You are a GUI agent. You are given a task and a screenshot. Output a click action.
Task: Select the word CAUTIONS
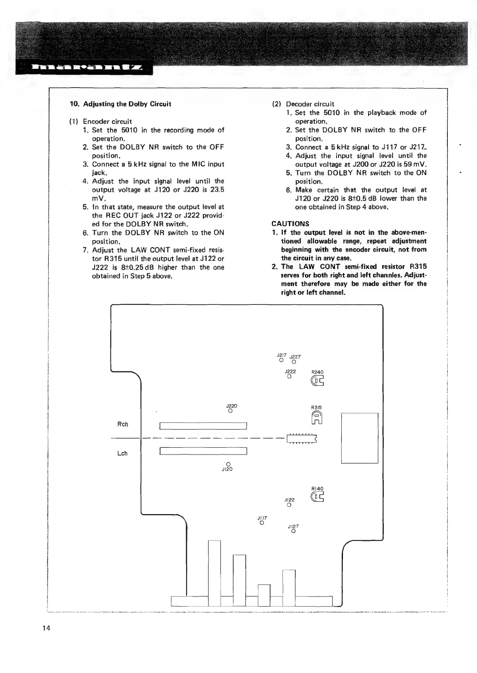[290, 224]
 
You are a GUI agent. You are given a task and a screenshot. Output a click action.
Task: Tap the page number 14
[46, 628]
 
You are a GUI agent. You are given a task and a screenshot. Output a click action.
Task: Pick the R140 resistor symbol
[317, 497]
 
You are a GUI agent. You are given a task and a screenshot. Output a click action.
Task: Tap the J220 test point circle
[230, 411]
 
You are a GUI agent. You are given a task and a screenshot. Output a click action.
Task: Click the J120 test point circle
[228, 464]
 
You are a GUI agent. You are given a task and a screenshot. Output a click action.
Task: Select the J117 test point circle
[261, 523]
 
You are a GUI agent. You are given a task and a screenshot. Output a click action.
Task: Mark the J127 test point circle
[293, 532]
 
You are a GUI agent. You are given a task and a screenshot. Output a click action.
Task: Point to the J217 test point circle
[281, 360]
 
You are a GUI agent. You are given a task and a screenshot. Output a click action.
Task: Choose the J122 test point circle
[289, 505]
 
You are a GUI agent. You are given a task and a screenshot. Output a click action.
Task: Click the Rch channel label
[122, 424]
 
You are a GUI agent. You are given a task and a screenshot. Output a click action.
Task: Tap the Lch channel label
[122, 453]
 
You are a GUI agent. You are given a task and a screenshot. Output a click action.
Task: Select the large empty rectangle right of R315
[359, 438]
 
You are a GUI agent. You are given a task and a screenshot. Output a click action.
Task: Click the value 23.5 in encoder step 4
[216, 190]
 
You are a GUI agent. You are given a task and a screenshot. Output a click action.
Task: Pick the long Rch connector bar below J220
[203, 426]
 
